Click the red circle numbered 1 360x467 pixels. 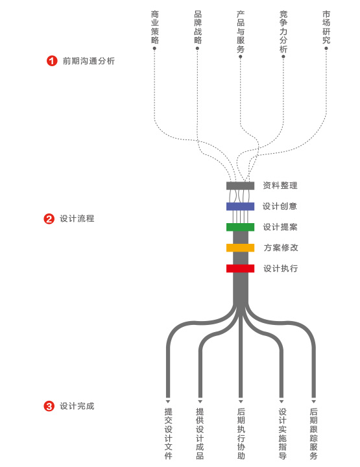tap(51, 61)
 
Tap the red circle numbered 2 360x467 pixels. tap(49, 219)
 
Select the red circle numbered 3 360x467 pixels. tap(49, 406)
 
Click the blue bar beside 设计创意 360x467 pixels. tap(240, 206)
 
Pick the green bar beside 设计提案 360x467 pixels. tap(240, 227)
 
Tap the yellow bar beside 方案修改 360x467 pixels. tap(240, 248)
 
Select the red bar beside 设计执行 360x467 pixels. tap(240, 269)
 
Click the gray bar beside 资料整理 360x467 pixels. tap(240, 186)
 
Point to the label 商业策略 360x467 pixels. tap(154, 27)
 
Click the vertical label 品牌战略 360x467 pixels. tap(198, 27)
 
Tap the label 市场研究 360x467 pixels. tap(326, 27)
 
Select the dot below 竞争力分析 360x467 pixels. tap(283, 56)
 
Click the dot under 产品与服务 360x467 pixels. tap(241, 56)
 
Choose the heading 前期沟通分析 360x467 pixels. tap(89, 61)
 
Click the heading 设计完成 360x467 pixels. tap(77, 406)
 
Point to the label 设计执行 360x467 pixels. tap(280, 269)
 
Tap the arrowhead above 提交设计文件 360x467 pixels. tap(168, 401)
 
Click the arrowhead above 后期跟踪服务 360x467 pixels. tap(313, 401)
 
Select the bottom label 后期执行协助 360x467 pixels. tap(241, 434)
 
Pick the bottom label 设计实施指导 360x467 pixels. tap(282, 434)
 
